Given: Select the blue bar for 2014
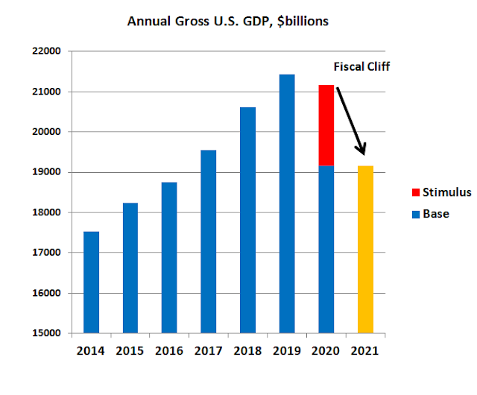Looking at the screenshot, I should pyautogui.click(x=91, y=283).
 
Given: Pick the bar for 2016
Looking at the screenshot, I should pyautogui.click(x=169, y=258).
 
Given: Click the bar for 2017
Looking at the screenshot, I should pyautogui.click(x=209, y=241).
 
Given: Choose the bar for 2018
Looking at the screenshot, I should pyautogui.click(x=247, y=221).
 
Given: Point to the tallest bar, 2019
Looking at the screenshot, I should pyautogui.click(x=287, y=204).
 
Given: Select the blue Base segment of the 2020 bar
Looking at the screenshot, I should pyautogui.click(x=326, y=249).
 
